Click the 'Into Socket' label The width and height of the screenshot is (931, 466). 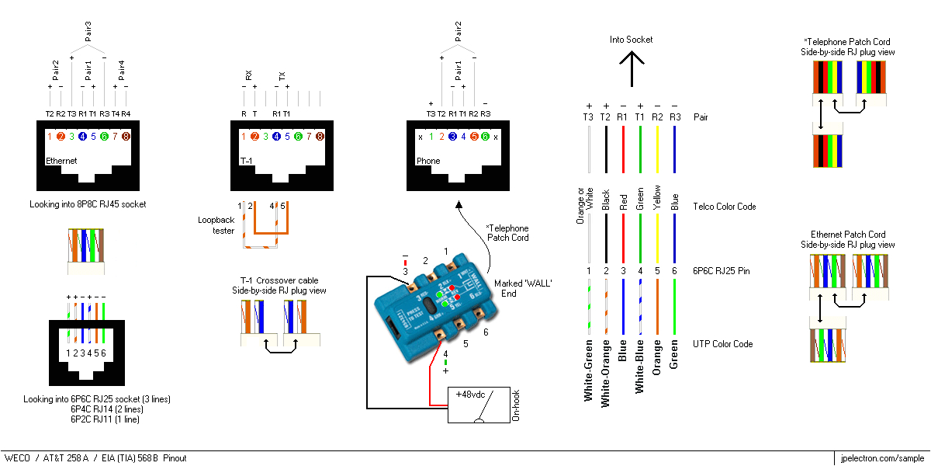tap(631, 40)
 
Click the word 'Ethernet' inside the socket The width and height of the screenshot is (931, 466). tap(61, 162)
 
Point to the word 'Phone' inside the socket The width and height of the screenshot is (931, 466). tap(427, 162)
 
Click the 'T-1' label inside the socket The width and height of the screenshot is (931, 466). tap(246, 162)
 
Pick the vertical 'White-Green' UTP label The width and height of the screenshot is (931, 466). tap(589, 370)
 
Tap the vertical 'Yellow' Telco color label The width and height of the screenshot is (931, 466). tap(657, 198)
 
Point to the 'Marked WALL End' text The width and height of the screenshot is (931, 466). tap(522, 288)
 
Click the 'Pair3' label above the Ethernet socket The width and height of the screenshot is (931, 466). tap(88, 31)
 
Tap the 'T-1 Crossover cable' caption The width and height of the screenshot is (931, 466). tap(279, 280)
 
